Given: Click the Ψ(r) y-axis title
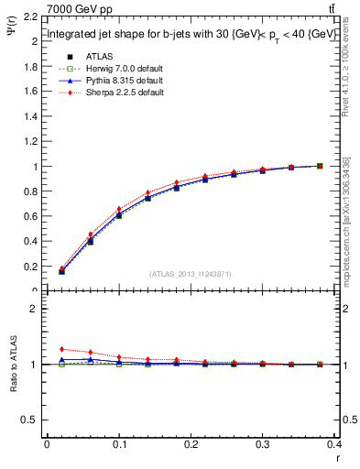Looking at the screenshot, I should (x=12, y=34).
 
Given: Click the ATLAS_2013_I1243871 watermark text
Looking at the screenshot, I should (x=191, y=274).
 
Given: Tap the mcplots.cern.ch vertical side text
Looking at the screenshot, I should (x=345, y=229).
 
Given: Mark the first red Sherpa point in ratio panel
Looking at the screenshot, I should (x=61, y=349).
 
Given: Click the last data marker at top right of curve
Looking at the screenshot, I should (x=320, y=166).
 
